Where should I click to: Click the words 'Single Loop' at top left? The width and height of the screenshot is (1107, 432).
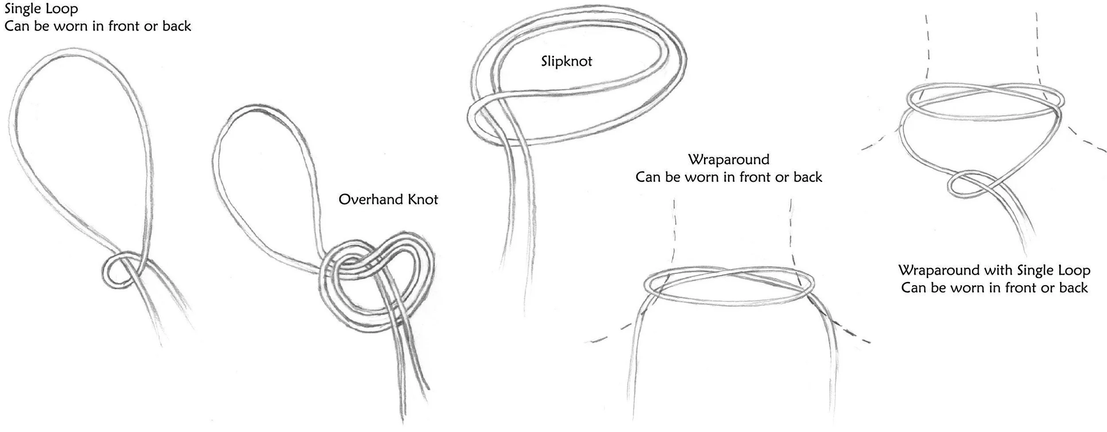(x=41, y=9)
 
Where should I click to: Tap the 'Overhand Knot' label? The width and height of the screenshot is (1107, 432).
(x=388, y=200)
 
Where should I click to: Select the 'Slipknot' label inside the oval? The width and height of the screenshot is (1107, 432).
(x=566, y=61)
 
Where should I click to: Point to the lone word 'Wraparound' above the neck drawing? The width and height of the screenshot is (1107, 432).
(x=728, y=159)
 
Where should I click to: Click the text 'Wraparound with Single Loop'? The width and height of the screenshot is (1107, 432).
(x=994, y=270)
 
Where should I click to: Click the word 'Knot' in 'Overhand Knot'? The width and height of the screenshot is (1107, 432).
(x=422, y=200)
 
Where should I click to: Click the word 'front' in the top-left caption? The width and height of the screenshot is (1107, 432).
(x=124, y=26)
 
